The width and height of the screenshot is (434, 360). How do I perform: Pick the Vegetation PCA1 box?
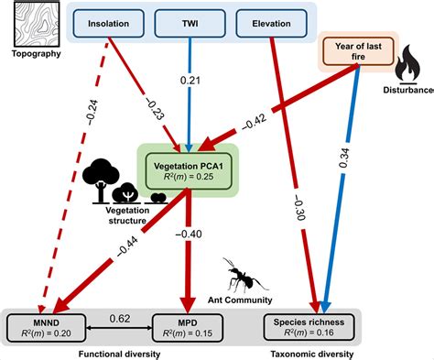188,167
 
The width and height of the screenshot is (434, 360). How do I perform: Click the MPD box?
188,327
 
